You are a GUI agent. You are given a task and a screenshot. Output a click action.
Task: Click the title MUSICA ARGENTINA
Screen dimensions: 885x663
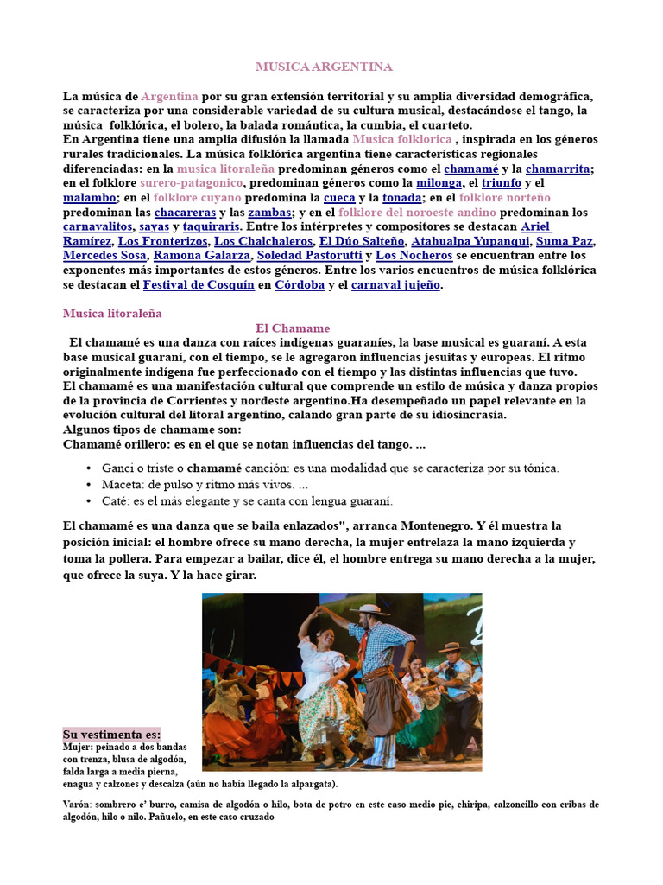(324, 67)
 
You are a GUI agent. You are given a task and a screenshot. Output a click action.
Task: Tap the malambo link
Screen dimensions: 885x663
(89, 198)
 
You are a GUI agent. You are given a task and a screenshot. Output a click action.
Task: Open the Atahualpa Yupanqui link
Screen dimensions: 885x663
(470, 241)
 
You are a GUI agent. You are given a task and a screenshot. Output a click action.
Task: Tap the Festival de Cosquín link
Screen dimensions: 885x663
(197, 284)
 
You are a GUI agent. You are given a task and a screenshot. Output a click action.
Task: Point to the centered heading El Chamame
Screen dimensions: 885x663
(294, 328)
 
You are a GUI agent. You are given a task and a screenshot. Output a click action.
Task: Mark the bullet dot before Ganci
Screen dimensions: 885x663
(89, 468)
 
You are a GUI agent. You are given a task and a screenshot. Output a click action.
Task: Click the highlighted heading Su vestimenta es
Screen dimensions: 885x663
(111, 734)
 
